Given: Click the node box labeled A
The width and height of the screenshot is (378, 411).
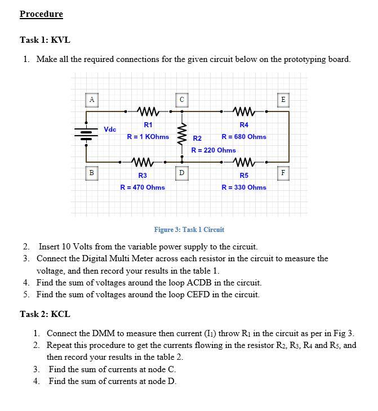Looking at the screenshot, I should tap(91, 100).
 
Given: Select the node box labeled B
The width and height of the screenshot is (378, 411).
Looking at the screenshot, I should tap(91, 172).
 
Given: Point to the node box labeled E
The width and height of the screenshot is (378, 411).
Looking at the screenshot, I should tap(283, 100).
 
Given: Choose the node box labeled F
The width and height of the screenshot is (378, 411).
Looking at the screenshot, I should tap(283, 172).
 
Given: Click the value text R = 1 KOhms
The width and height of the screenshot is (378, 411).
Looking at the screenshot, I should tap(148, 137).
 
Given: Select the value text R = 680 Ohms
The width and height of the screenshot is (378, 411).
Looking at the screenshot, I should tap(244, 137).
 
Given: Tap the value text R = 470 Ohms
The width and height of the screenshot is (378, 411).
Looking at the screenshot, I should tap(143, 187).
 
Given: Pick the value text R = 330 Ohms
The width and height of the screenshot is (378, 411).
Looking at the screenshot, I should tap(244, 187).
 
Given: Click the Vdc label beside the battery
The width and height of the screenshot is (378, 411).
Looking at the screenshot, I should tap(110, 129).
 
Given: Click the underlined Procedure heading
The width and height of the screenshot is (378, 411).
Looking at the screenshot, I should tap(41, 14).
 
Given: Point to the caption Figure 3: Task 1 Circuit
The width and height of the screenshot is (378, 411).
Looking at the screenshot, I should tap(189, 230).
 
